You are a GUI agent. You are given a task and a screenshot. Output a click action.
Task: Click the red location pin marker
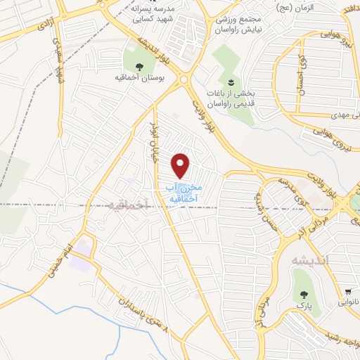coord(182,165)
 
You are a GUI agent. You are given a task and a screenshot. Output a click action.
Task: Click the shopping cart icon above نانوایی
coord(348,291)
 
